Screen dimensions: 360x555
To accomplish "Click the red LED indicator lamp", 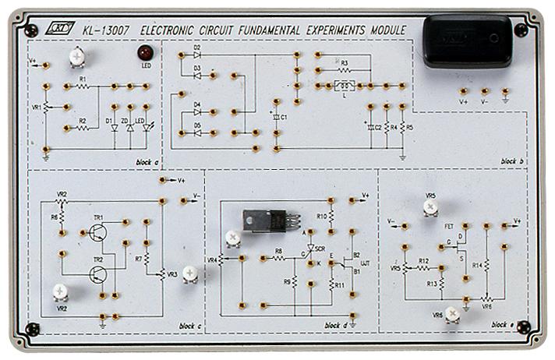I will pyautogui.click(x=144, y=53).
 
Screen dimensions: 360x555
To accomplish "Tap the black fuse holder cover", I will pyautogui.click(x=468, y=41).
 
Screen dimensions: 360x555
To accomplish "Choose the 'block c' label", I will pyautogui.click(x=190, y=325).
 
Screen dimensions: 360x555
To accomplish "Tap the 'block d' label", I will pyautogui.click(x=334, y=325).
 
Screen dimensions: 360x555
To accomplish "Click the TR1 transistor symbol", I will pyautogui.click(x=97, y=233).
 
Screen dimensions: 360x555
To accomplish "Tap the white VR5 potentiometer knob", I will pyautogui.click(x=430, y=206).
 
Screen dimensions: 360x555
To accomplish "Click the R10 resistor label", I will pyautogui.click(x=321, y=216).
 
